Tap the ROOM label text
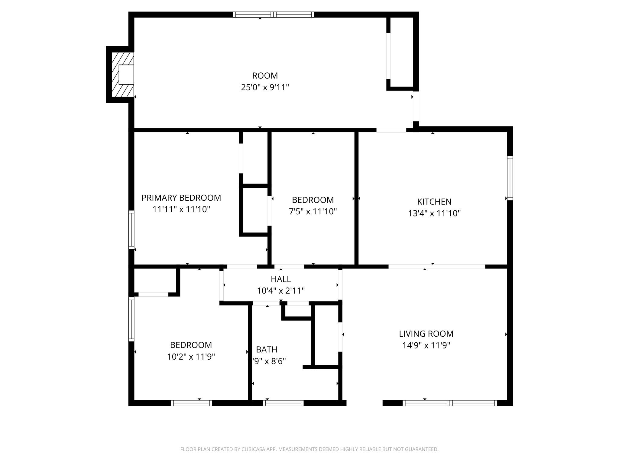[265, 75]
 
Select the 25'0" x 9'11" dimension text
[265, 87]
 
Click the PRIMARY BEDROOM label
[181, 198]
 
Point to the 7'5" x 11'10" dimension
[313, 212]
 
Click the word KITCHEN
[434, 202]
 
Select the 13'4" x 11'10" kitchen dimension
[434, 213]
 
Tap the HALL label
[281, 279]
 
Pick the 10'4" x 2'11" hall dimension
[281, 291]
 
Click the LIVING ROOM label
[426, 334]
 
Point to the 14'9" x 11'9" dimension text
[426, 345]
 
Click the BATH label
[267, 350]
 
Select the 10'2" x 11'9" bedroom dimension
[191, 357]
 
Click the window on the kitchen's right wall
[510, 178]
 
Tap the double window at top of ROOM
[274, 15]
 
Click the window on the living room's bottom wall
[450, 403]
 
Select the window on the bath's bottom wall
[283, 403]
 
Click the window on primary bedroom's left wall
[131, 230]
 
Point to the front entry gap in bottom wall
[364, 403]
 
